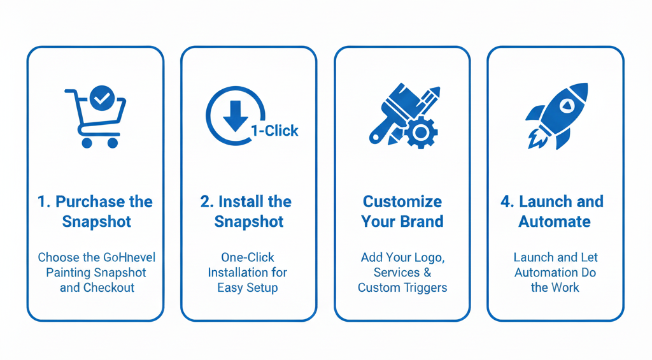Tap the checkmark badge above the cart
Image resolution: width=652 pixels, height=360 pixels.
pyautogui.click(x=102, y=98)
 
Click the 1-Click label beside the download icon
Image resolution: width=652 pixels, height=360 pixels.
pyautogui.click(x=274, y=131)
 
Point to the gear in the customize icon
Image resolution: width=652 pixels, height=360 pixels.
pyautogui.click(x=421, y=133)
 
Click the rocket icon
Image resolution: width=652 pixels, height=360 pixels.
pyautogui.click(x=556, y=116)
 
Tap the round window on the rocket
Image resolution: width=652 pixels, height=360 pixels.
pyautogui.click(x=565, y=105)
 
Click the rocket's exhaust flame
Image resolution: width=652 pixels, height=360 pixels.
pyautogui.click(x=537, y=138)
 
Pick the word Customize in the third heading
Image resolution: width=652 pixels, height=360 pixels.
pyautogui.click(x=402, y=202)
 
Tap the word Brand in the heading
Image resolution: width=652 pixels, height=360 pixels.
pyautogui.click(x=422, y=221)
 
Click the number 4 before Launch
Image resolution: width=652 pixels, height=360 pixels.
pyautogui.click(x=505, y=202)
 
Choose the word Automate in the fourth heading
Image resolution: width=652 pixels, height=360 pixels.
pyautogui.click(x=555, y=221)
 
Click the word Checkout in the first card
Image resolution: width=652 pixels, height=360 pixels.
pyautogui.click(x=108, y=287)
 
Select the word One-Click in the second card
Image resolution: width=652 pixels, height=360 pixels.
pyautogui.click(x=248, y=257)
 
